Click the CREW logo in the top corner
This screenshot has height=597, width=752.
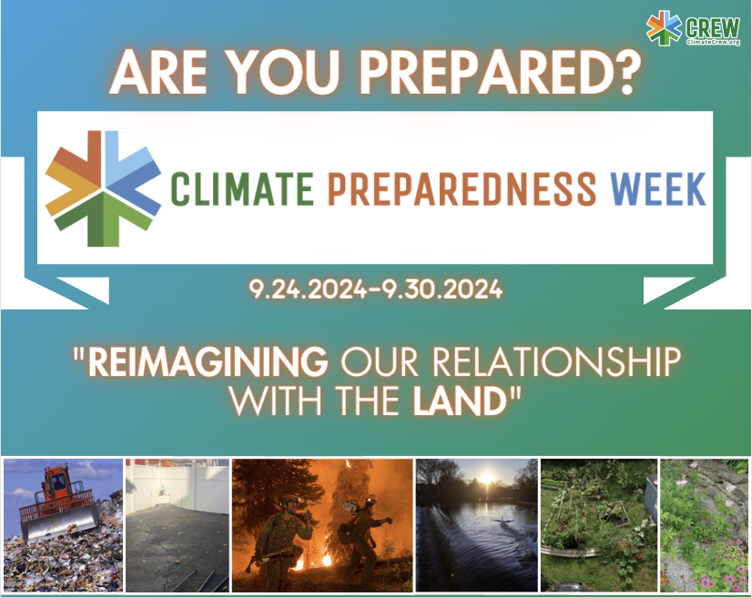click(693, 28)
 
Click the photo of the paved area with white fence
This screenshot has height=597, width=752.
click(176, 525)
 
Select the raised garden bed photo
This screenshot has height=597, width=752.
click(597, 525)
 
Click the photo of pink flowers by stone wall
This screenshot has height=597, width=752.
click(704, 525)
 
